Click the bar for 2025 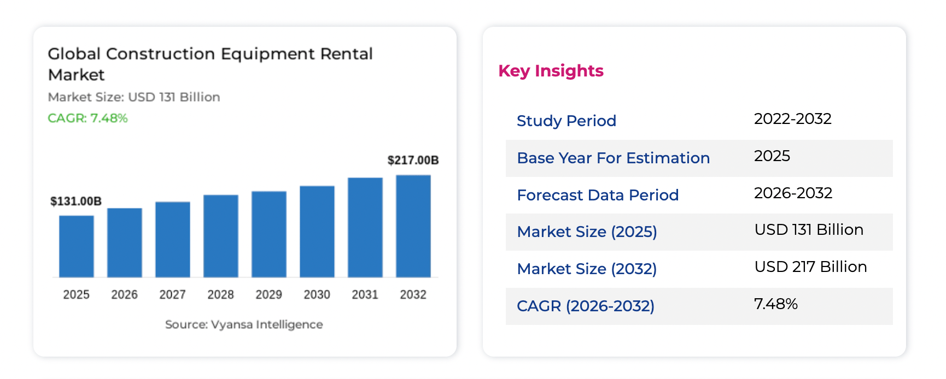click(76, 246)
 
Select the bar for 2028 click(220, 236)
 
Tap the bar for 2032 click(413, 226)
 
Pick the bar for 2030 click(317, 232)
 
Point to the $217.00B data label click(413, 160)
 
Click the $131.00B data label click(76, 201)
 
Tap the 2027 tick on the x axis click(172, 294)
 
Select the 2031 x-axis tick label click(365, 294)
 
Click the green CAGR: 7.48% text click(87, 118)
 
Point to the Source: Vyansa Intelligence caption click(244, 324)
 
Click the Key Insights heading click(551, 71)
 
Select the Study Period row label click(566, 121)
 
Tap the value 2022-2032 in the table click(792, 119)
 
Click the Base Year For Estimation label click(613, 158)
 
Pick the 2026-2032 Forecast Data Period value click(793, 193)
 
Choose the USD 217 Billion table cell click(810, 267)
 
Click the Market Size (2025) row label click(587, 232)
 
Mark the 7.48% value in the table click(775, 304)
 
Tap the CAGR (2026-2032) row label click(585, 306)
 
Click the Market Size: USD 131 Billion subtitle click(134, 97)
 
